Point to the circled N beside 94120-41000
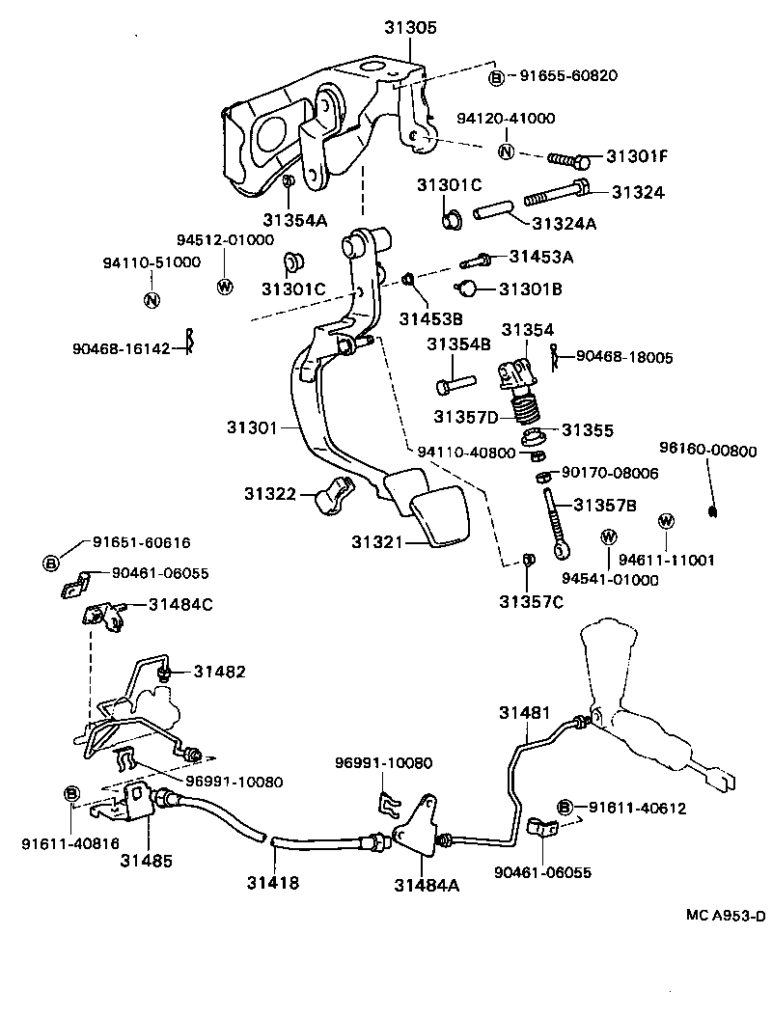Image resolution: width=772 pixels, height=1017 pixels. pyautogui.click(x=507, y=151)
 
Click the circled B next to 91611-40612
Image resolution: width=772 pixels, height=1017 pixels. pyautogui.click(x=565, y=808)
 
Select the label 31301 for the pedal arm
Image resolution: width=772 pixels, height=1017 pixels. pyautogui.click(x=253, y=426)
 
